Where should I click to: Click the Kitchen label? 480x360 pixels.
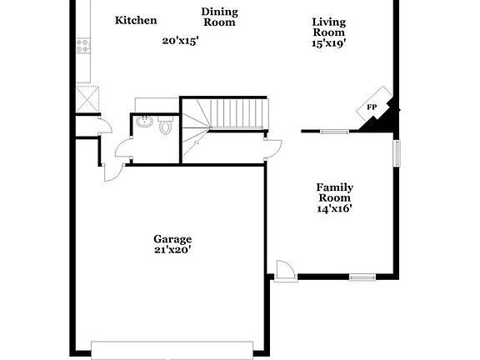pos(136,20)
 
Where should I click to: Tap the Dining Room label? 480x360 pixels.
pos(219,17)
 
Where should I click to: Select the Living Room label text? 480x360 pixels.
pos(328,27)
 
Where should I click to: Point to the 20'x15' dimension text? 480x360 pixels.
pos(180,39)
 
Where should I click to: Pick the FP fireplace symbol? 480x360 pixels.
pos(372,107)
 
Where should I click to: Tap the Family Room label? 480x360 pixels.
pos(334,192)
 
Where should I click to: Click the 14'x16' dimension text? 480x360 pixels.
pos(334,209)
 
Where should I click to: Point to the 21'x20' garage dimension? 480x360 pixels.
pos(172,249)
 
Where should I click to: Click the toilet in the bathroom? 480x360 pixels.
pos(165,127)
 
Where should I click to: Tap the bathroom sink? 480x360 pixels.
pos(145,122)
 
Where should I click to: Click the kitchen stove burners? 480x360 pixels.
pos(82,46)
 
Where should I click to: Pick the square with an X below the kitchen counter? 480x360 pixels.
pos(86,100)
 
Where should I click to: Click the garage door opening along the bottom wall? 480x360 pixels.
pos(172,349)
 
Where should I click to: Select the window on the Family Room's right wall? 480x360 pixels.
pos(397,152)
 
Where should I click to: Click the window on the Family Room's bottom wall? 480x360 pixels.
pos(362,277)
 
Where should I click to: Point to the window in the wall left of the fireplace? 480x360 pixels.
pos(334,131)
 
